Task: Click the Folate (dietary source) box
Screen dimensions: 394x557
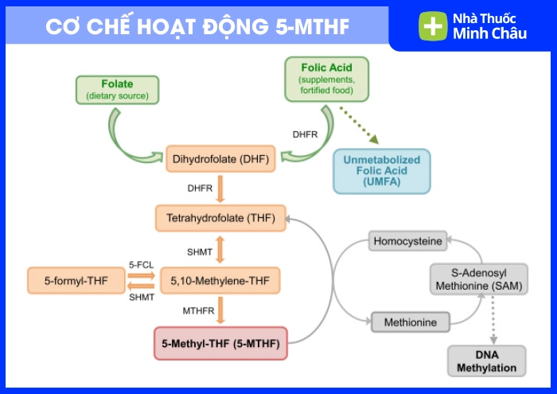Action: (x=117, y=90)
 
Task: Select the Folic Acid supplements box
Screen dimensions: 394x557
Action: (x=326, y=79)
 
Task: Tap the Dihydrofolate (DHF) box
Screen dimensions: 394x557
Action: (x=220, y=159)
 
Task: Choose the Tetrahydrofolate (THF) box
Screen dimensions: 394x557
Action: (x=220, y=217)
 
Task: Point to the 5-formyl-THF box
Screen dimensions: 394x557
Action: (x=77, y=280)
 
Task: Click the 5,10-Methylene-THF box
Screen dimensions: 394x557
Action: (x=220, y=280)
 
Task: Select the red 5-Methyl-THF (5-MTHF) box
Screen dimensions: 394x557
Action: (x=220, y=345)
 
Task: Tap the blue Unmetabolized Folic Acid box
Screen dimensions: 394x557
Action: (x=381, y=171)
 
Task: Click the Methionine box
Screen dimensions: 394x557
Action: (x=411, y=322)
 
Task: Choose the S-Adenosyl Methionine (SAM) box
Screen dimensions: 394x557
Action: (x=479, y=279)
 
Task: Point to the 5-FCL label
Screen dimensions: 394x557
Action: (x=141, y=263)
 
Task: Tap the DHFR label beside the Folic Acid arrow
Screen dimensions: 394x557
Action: (x=305, y=135)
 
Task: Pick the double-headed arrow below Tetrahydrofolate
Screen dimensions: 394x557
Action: (x=220, y=248)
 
